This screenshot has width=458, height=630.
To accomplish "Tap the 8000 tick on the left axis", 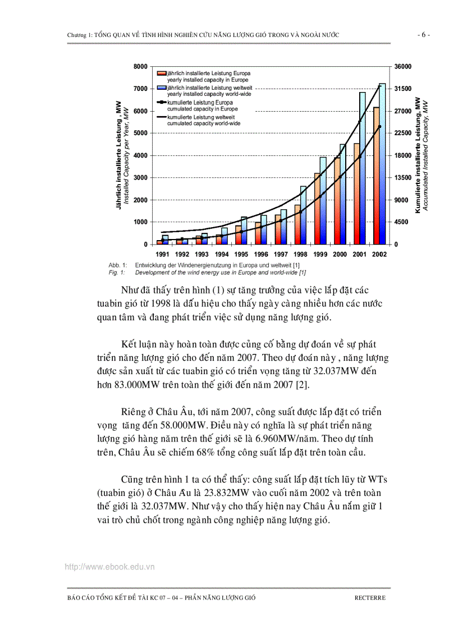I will click(140, 67).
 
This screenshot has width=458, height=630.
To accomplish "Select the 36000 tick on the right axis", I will click(404, 67).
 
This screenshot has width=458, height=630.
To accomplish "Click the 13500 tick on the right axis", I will click(404, 178).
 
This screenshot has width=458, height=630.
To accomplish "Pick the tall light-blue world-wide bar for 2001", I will click(363, 168).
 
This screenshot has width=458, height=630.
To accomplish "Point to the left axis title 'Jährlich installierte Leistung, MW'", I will click(119, 155).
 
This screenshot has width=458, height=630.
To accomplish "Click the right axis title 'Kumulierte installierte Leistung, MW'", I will click(418, 155).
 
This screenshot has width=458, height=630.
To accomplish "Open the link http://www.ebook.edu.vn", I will click(109, 567).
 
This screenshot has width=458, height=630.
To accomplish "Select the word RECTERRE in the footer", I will click(370, 598).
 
